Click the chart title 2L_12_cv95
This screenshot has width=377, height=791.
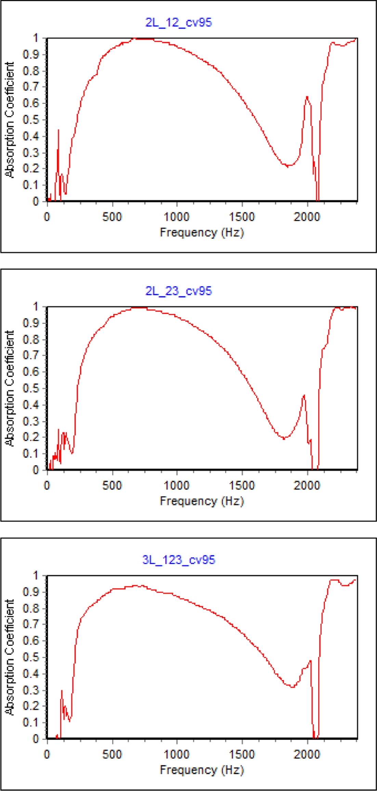pyautogui.click(x=179, y=23)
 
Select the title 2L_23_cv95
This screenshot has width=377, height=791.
pyautogui.click(x=179, y=291)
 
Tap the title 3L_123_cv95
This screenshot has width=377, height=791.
pyautogui.click(x=179, y=560)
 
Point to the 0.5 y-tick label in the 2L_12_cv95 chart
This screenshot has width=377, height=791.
pyautogui.click(x=31, y=120)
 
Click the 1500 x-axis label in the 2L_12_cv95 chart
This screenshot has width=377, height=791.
pyautogui.click(x=242, y=217)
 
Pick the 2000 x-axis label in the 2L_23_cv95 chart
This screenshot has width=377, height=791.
pyautogui.click(x=307, y=485)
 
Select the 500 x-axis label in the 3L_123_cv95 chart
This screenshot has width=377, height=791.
pyautogui.click(x=112, y=754)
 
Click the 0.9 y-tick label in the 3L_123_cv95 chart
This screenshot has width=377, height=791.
pyautogui.click(x=31, y=592)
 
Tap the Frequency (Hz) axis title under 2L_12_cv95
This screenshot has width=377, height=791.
pyautogui.click(x=202, y=233)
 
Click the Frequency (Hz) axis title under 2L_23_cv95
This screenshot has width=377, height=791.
pyautogui.click(x=202, y=501)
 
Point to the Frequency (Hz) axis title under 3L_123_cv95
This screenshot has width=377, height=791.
pyautogui.click(x=202, y=770)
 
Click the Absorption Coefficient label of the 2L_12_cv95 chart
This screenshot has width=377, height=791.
pyautogui.click(x=10, y=120)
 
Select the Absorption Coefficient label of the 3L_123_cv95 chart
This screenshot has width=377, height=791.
pyautogui.click(x=10, y=657)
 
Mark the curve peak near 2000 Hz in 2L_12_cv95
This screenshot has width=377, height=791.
pyautogui.click(x=307, y=97)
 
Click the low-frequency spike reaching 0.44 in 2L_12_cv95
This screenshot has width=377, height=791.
pyautogui.click(x=58, y=130)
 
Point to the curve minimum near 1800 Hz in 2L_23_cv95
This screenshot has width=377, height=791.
pyautogui.click(x=284, y=438)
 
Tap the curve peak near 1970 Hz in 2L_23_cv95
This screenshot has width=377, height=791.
pyautogui.click(x=304, y=396)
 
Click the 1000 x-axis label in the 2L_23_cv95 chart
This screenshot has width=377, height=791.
pyautogui.click(x=177, y=485)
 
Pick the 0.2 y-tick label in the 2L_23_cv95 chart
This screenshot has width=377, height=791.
pyautogui.click(x=31, y=437)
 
